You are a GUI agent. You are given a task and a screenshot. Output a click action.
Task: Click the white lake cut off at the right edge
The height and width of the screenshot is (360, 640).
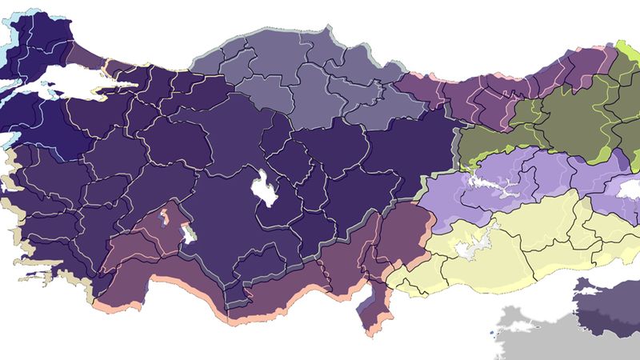[628, 187]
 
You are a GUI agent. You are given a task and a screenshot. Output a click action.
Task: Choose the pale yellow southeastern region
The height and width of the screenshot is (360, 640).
[520, 240]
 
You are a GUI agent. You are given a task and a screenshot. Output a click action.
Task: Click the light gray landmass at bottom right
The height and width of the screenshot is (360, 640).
[544, 332]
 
